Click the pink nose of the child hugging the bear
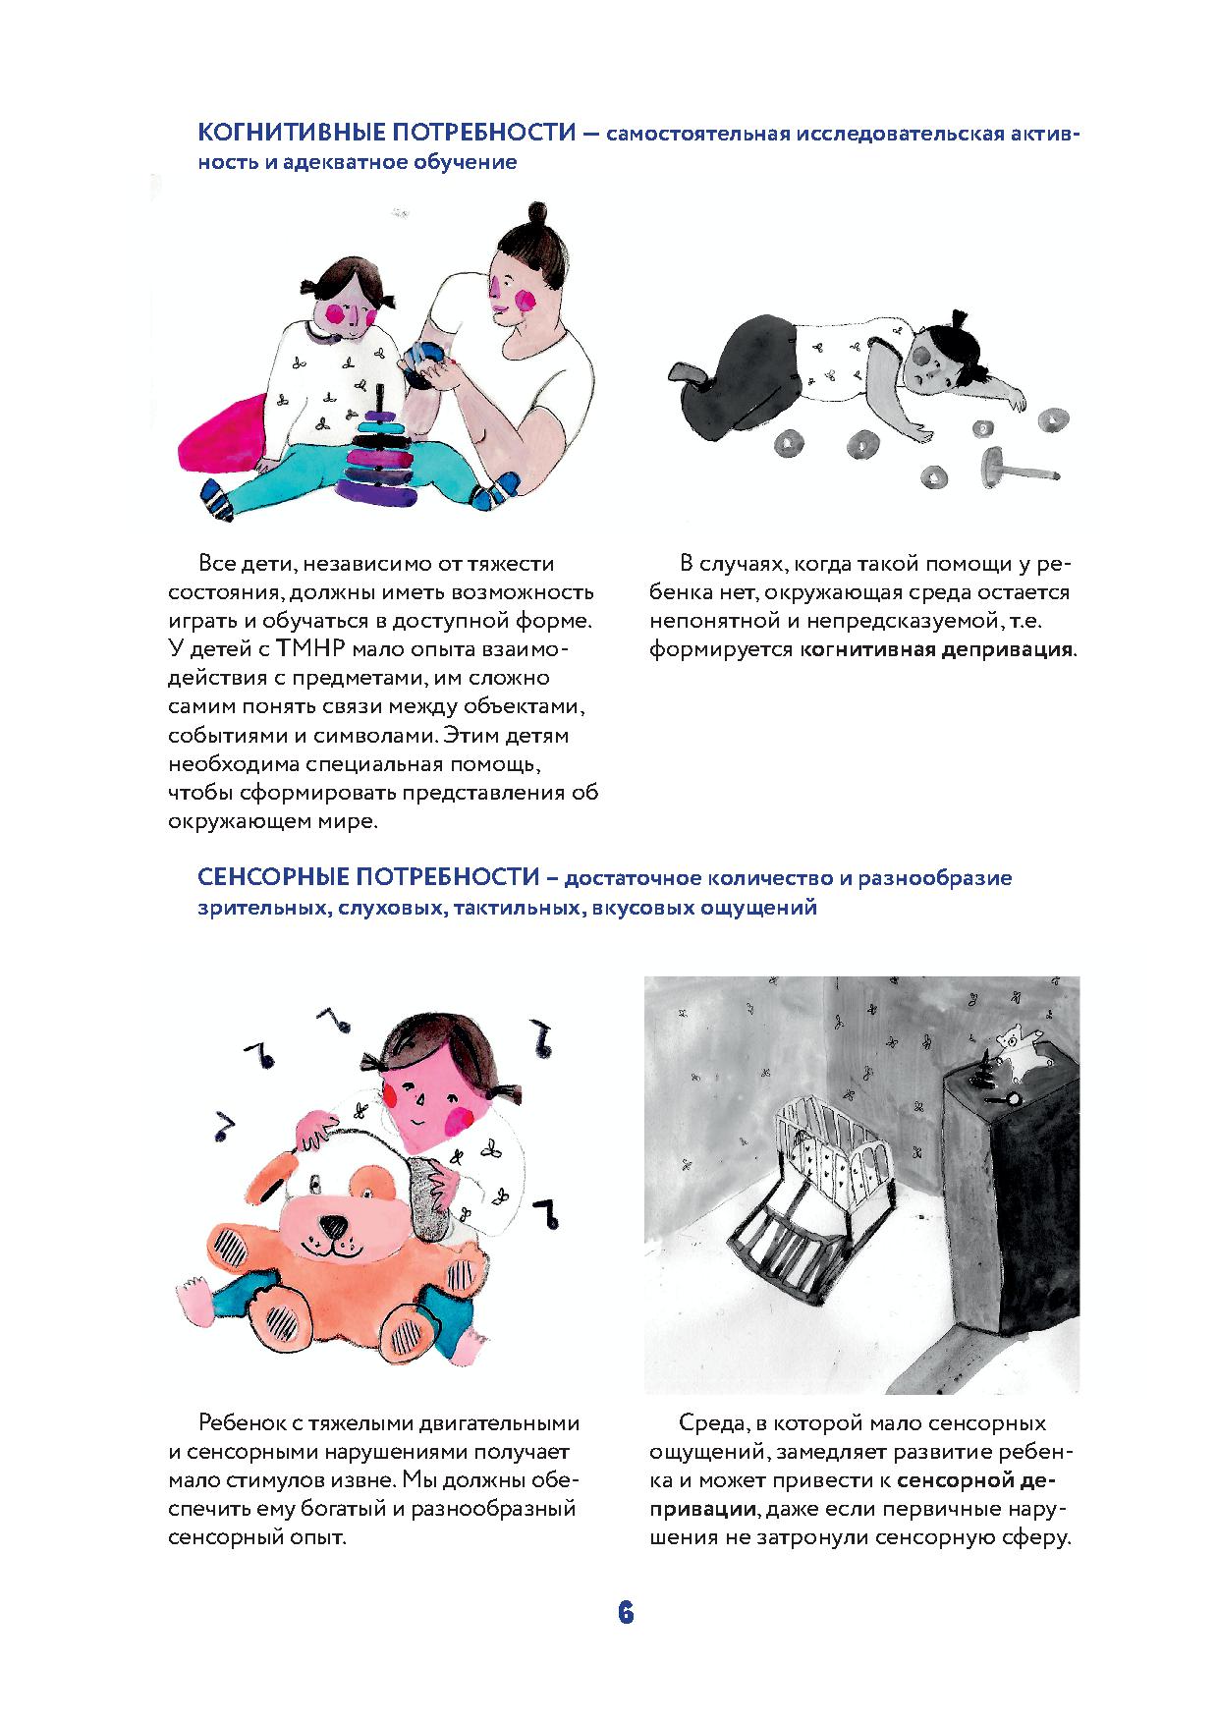[x=416, y=1096]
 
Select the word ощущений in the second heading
[x=756, y=907]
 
